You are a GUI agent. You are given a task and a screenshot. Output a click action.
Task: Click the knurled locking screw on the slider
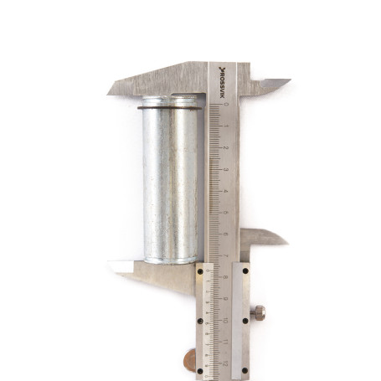(259, 313)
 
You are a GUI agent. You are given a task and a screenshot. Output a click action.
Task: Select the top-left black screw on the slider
(200, 269)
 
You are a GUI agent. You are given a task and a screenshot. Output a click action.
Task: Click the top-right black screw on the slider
(245, 269)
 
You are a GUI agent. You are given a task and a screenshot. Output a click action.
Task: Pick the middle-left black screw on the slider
(200, 320)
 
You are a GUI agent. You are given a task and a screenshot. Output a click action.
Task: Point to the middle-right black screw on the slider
(245, 320)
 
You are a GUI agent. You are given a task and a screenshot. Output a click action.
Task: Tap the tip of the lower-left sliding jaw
(111, 265)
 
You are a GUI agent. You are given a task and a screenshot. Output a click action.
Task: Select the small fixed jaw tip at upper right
(287, 81)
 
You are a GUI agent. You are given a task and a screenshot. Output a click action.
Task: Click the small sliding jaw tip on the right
(286, 241)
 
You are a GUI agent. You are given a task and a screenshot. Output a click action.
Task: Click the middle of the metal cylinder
(171, 180)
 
